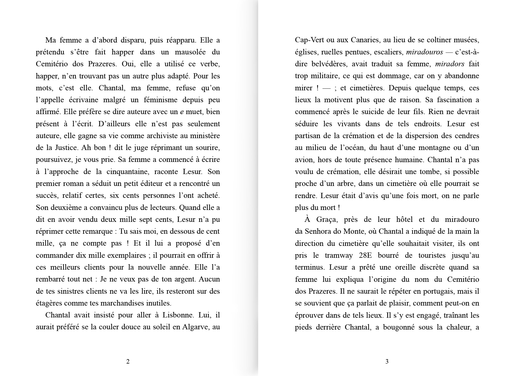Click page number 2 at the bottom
[128, 362]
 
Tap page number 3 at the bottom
[387, 362]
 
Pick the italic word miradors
[450, 64]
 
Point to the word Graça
[327, 219]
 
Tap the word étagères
[48, 303]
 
